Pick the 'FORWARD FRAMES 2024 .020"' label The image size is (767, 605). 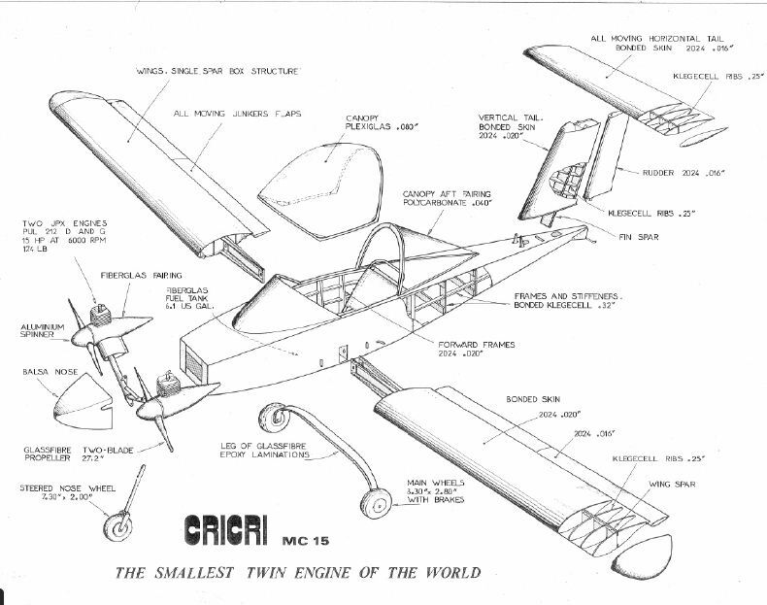[476, 349]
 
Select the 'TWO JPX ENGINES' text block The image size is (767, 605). [53, 237]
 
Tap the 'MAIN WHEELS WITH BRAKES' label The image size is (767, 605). [438, 491]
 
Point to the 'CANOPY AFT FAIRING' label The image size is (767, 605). [443, 198]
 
